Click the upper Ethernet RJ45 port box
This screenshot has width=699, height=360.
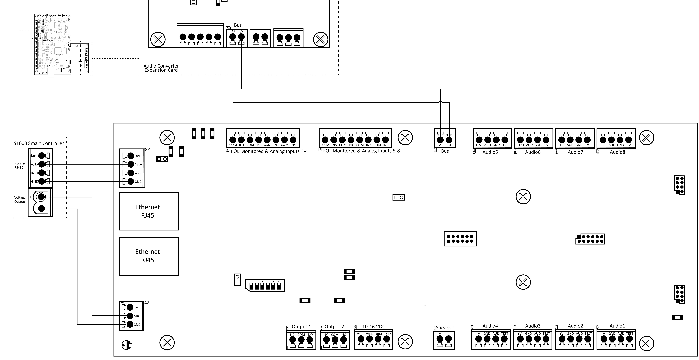tap(149, 211)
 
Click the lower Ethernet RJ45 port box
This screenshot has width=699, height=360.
tap(149, 256)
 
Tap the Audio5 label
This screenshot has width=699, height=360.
tap(490, 152)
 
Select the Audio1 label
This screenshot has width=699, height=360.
tap(617, 326)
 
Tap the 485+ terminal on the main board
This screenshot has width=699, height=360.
tap(131, 164)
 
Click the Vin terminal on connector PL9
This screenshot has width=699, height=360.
tap(130, 316)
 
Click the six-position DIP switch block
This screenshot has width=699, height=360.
tap(265, 286)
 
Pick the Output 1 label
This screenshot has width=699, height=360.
tap(301, 327)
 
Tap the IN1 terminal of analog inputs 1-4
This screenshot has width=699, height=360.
tap(241, 140)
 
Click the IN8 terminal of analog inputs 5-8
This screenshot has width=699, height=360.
tap(386, 140)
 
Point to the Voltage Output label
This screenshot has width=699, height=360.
tap(20, 200)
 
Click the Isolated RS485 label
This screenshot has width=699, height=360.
tap(20, 165)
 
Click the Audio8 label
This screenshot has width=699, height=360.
tap(617, 152)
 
